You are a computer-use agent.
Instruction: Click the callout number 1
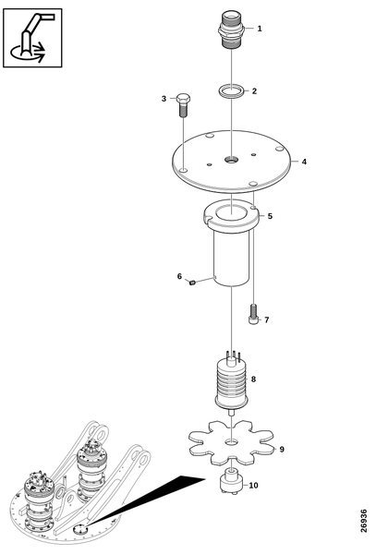pyautogui.click(x=260, y=29)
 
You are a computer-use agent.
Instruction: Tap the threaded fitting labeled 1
pyautogui.click(x=231, y=30)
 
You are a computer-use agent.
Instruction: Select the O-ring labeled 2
pyautogui.click(x=231, y=90)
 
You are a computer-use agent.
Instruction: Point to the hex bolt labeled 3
pyautogui.click(x=183, y=105)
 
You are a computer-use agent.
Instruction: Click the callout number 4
pyautogui.click(x=304, y=162)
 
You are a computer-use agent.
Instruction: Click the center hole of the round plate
pyautogui.click(x=231, y=160)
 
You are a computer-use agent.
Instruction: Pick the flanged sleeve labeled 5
pyautogui.click(x=232, y=243)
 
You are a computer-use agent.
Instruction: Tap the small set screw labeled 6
pyautogui.click(x=192, y=283)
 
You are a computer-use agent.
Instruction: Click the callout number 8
pyautogui.click(x=253, y=379)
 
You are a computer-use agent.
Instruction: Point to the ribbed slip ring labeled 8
pyautogui.click(x=232, y=382)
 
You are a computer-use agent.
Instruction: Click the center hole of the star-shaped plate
pyautogui.click(x=232, y=441)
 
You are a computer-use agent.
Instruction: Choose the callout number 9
pyautogui.click(x=282, y=450)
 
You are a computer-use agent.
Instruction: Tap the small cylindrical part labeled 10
pyautogui.click(x=231, y=481)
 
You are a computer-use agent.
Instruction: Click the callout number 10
pyautogui.click(x=254, y=486)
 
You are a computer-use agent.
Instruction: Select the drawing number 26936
pyautogui.click(x=364, y=521)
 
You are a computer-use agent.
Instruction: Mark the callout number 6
pyautogui.click(x=179, y=276)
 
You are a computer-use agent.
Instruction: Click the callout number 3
pyautogui.click(x=164, y=99)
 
